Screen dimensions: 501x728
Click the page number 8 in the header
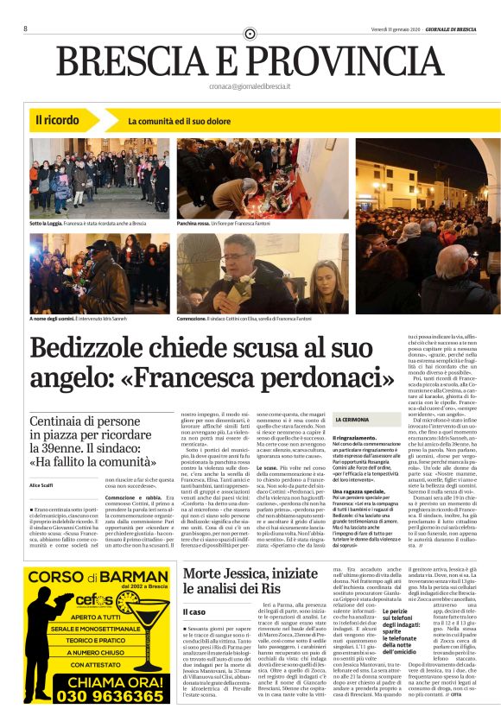[x=25, y=28]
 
